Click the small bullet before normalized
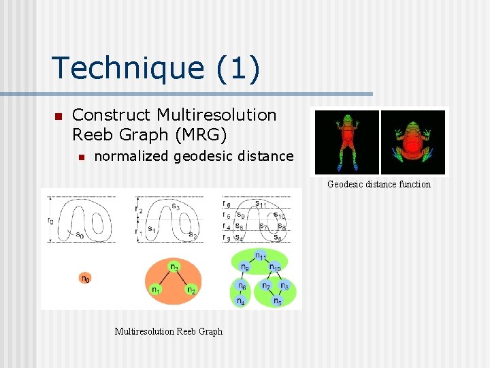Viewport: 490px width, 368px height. click(x=81, y=157)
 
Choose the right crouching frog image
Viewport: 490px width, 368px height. click(x=413, y=142)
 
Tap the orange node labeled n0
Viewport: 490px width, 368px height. click(x=84, y=278)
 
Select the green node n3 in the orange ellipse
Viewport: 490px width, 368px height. click(x=175, y=267)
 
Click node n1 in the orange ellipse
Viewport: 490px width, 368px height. click(x=156, y=290)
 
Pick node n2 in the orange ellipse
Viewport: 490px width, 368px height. click(x=192, y=290)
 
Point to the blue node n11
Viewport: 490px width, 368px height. click(x=260, y=256)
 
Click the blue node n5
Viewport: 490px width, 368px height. click(x=277, y=300)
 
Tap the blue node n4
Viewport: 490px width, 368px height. click(x=241, y=301)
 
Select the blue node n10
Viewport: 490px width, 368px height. click(x=275, y=268)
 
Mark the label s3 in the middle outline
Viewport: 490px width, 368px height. click(x=176, y=205)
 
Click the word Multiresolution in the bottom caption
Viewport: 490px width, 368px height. click(x=144, y=332)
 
